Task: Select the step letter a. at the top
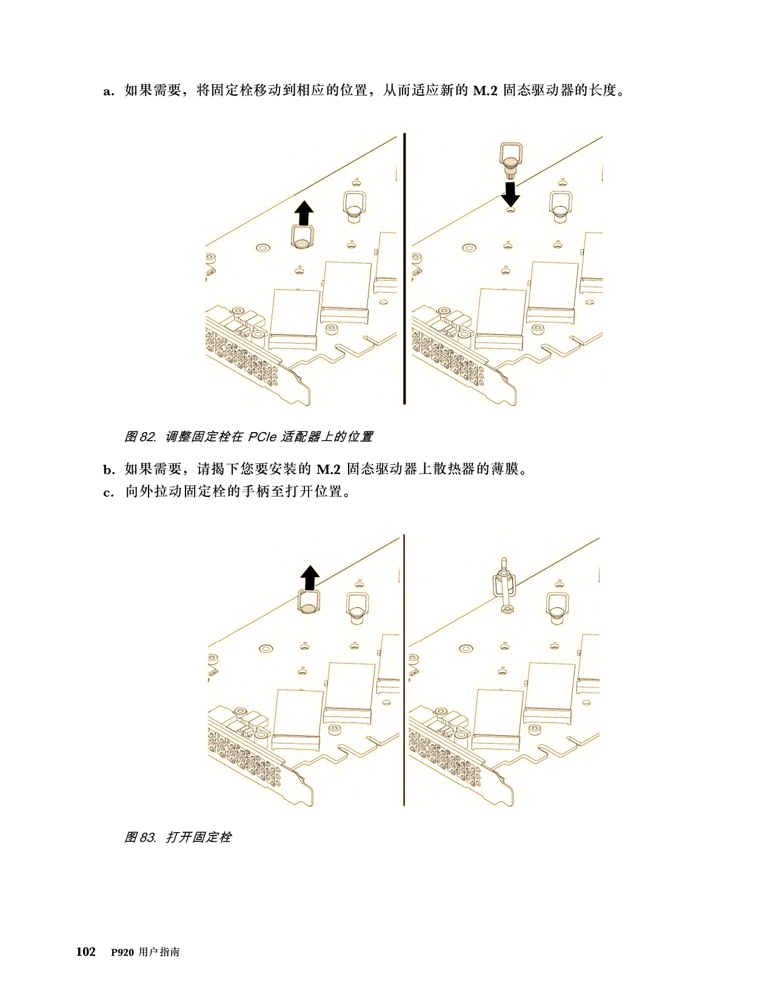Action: (109, 91)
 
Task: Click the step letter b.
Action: (109, 470)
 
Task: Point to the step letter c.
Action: (109, 493)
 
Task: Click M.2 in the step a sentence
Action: (485, 91)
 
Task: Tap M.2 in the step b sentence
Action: (328, 470)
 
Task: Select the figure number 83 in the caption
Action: (147, 837)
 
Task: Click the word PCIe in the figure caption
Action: (262, 437)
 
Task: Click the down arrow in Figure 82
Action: (510, 194)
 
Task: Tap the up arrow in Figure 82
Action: (304, 213)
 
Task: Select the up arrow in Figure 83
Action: (310, 578)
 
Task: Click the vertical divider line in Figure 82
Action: (404, 268)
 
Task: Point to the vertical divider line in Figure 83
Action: (404, 670)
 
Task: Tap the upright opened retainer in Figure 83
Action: (504, 586)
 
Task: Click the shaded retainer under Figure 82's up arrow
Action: (303, 238)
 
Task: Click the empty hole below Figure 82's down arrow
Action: (510, 210)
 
